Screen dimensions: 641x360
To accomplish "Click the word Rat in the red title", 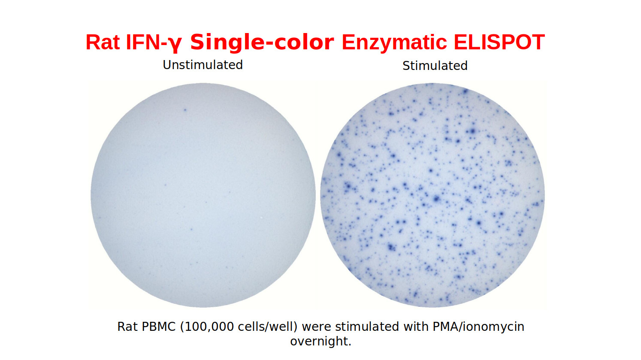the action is tap(103, 42).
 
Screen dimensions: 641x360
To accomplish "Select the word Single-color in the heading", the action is tap(262, 42).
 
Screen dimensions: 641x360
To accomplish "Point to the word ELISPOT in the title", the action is tap(499, 42).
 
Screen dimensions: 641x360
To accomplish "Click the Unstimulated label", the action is tap(203, 65).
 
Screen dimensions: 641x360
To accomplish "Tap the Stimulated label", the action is tap(435, 66).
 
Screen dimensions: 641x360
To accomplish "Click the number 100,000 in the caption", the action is tap(209, 327).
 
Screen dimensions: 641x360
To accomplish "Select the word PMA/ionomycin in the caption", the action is tap(478, 327).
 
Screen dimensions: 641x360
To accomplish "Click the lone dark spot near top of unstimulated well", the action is tap(185, 110).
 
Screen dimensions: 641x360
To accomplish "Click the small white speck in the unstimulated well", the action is tap(261, 218).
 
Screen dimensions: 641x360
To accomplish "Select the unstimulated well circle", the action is tap(203, 195).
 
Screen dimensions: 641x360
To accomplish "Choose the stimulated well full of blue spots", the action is tap(432, 195).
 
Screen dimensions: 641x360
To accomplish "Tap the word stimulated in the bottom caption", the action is tap(367, 327).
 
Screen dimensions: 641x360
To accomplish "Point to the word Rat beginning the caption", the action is tap(127, 327).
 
